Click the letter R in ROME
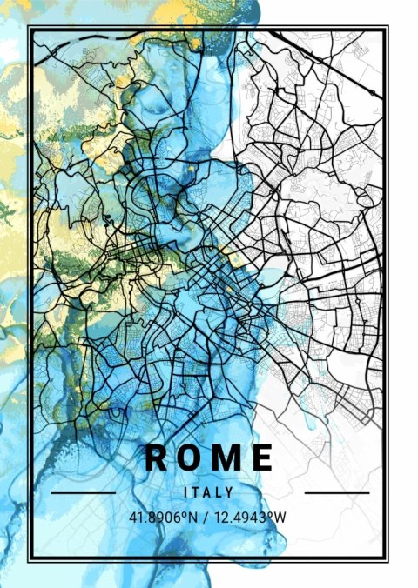[x=158, y=457]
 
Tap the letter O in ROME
[x=192, y=457]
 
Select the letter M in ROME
[x=228, y=457]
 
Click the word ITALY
[x=209, y=492]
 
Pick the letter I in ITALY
[x=186, y=492]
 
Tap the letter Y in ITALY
[x=231, y=492]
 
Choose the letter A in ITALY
[x=209, y=492]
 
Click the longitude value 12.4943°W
[x=253, y=518]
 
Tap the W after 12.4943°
[x=282, y=518]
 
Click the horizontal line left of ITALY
[x=84, y=493]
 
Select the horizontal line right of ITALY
[x=336, y=493]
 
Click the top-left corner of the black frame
[x=29, y=27]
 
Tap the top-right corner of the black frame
[x=388, y=27]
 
